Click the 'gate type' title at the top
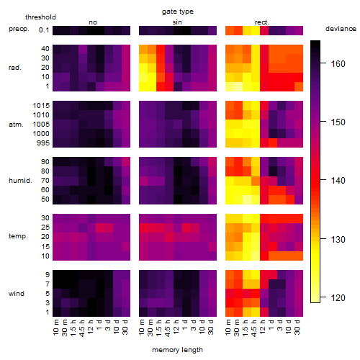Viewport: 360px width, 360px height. (178, 12)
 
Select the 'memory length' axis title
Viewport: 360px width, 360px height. (177, 350)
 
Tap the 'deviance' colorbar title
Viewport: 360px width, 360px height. (341, 29)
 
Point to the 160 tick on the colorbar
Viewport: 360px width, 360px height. (323, 63)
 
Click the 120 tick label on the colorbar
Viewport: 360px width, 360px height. (338, 298)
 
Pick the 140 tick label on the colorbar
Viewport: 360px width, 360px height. (338, 180)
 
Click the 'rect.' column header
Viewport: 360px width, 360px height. (261, 22)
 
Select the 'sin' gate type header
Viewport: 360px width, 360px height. (177, 22)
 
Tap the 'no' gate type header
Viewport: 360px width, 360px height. (93, 22)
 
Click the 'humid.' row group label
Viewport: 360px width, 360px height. (20, 181)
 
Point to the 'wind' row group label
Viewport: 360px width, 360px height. (17, 294)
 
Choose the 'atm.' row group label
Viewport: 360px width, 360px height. (16, 125)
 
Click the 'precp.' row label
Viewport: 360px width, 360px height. (19, 30)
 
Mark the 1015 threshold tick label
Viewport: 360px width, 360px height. (41, 105)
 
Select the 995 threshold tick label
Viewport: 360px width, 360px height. (43, 143)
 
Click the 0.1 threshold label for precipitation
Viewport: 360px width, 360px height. (44, 30)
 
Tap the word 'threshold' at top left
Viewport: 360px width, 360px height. (40, 17)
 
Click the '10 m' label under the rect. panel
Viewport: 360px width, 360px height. (228, 327)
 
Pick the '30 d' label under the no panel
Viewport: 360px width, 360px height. (125, 327)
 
